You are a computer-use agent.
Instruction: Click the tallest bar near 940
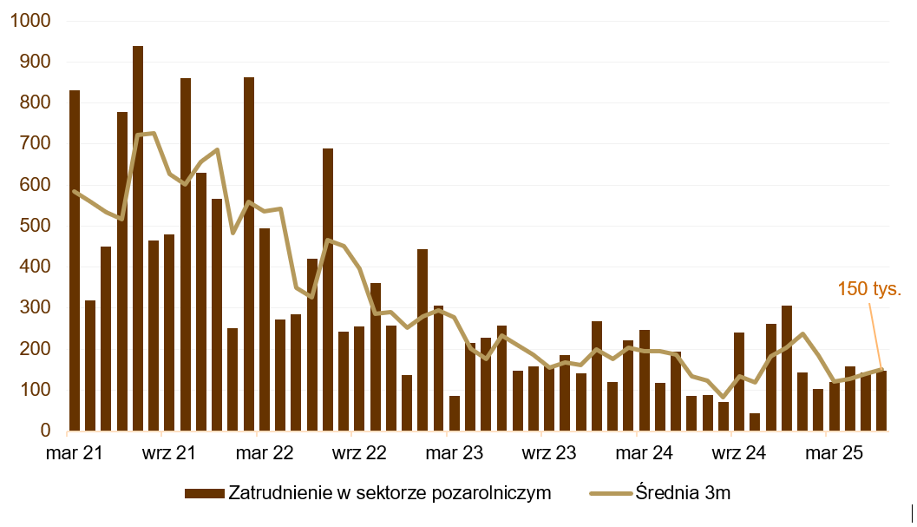[138, 239]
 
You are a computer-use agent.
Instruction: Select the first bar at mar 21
[75, 260]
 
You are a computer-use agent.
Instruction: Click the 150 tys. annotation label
[869, 289]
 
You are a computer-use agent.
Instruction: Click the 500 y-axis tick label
[35, 226]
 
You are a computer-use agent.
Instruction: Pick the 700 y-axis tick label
[35, 144]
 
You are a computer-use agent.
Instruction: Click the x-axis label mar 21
[74, 453]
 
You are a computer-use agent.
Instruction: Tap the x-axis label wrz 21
[168, 453]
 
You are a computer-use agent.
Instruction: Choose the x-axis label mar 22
[265, 453]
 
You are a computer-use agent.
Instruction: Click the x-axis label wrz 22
[359, 453]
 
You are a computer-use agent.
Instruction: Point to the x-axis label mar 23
[455, 453]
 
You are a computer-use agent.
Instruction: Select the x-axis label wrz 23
[549, 453]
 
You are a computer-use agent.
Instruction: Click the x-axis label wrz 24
[739, 453]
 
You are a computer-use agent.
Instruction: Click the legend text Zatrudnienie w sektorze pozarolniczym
[390, 493]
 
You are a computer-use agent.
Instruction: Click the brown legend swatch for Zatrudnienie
[204, 493]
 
